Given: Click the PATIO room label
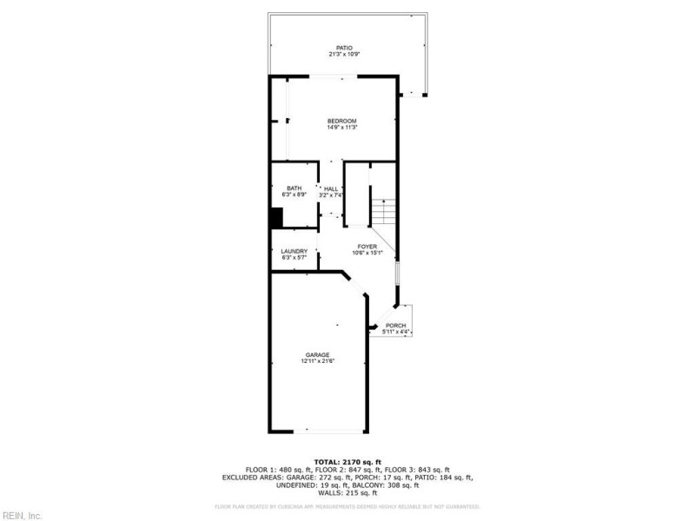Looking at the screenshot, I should point(345,48).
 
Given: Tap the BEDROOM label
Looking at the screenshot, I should point(341,121).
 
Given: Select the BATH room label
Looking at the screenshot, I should point(295,188).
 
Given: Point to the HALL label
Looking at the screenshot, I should point(331,188).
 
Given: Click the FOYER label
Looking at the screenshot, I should point(367,247).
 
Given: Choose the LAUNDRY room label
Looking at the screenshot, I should point(294,251).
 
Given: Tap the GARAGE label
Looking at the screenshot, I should point(317,354).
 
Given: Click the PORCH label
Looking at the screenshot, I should point(396,326).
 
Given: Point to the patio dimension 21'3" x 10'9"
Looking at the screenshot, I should point(345,55).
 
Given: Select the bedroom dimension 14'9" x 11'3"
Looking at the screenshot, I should point(341,128).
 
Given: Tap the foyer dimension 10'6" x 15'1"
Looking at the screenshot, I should point(367,254).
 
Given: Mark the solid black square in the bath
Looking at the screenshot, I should point(276,217).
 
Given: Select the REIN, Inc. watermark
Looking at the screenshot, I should point(22,515).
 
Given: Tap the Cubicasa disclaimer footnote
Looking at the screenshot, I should point(347,506).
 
